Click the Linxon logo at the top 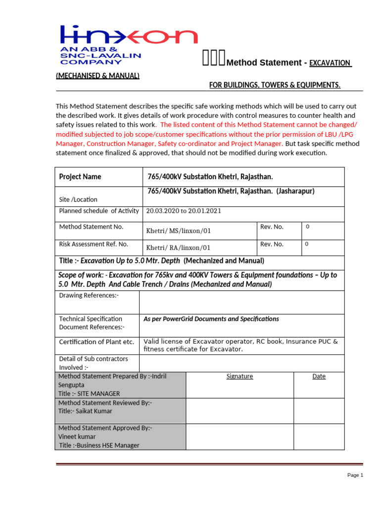(129, 45)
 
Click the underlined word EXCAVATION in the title (330, 63)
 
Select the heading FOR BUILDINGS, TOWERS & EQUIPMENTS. (275, 85)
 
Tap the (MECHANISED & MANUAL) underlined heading (97, 75)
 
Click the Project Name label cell (80, 177)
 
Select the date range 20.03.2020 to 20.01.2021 (184, 211)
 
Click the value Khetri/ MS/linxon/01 (178, 231)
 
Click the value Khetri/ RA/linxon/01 (178, 248)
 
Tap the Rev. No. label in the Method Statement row (272, 227)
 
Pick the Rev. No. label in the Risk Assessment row (272, 244)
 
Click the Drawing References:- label (89, 296)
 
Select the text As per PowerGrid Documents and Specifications (211, 319)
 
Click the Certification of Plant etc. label (96, 342)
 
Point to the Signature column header (239, 376)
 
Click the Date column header (319, 376)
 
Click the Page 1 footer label (355, 475)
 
